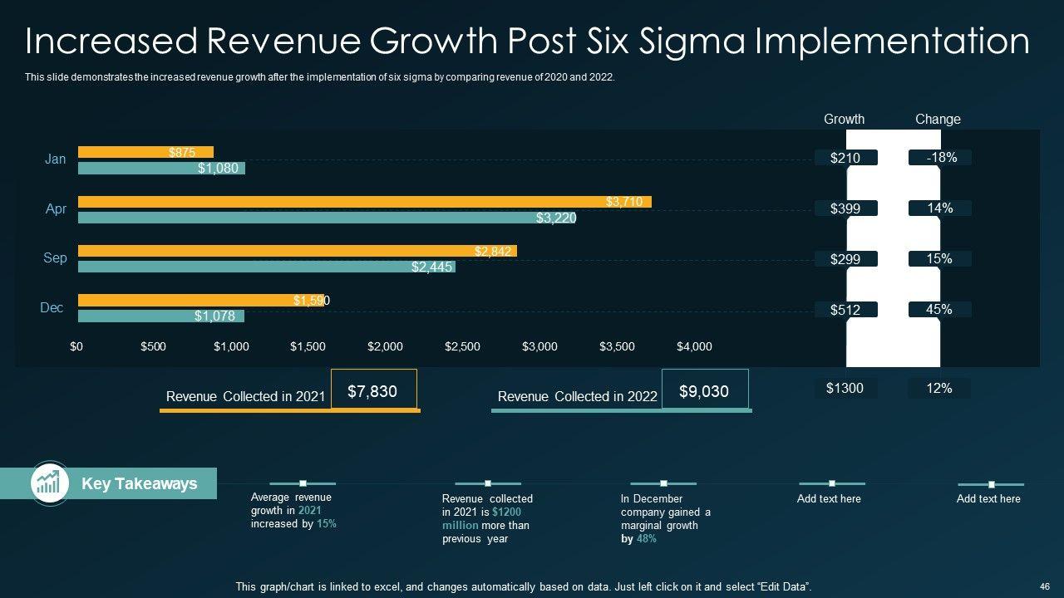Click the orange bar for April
pos(364,202)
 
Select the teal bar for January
pos(161,169)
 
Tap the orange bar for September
pos(297,251)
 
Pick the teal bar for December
pos(160,316)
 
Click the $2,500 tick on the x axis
pos(462,346)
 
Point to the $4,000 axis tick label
pos(694,346)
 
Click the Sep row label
pos(55,258)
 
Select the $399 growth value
pos(845,208)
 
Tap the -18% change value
pos(939,157)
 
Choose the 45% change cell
pos(939,309)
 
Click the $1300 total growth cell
pos(845,388)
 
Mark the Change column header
pos(938,120)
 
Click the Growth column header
pos(844,120)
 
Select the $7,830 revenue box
pos(372,390)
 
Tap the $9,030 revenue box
pos(704,390)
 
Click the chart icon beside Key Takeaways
pos(49,483)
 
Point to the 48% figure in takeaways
pos(647,538)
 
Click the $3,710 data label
pos(623,202)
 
